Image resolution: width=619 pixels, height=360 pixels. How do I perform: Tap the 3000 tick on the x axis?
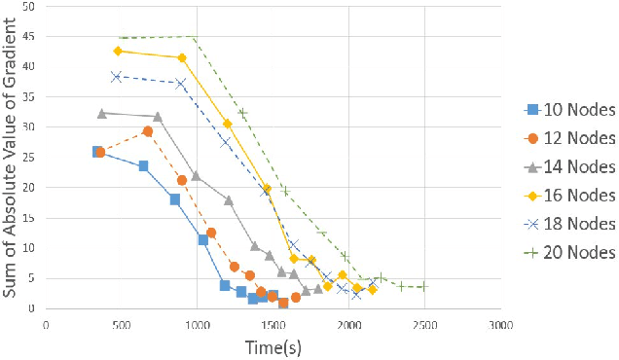coord(500,325)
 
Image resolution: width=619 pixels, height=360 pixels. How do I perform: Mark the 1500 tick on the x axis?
coord(348,325)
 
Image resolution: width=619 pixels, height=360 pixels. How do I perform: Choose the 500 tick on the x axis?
coord(122,325)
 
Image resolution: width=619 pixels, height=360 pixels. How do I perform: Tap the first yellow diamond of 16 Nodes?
coord(118,51)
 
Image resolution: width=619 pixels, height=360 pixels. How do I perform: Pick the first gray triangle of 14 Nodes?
coord(101,113)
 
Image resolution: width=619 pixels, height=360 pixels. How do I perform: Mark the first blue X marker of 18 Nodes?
coord(116,76)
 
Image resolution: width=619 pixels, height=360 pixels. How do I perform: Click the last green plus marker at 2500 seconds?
coord(423,287)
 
